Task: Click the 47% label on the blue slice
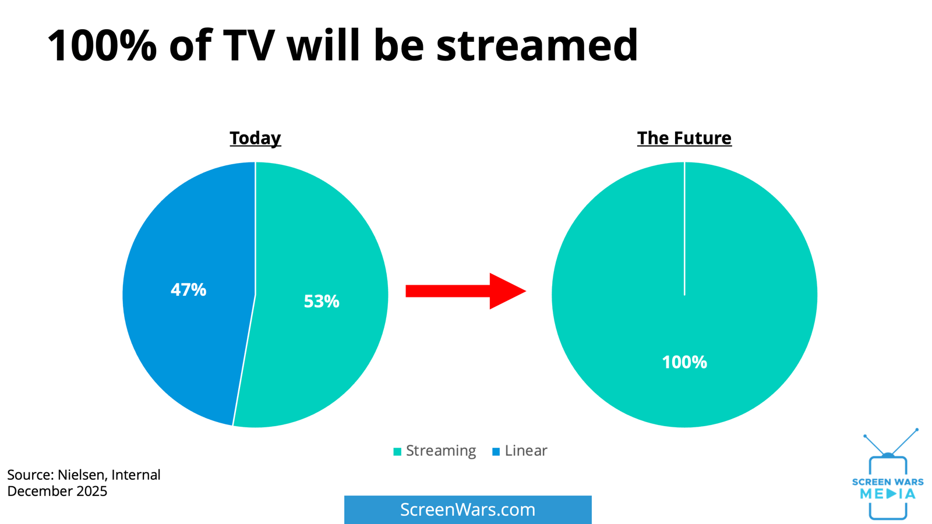[x=188, y=290]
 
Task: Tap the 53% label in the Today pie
[x=321, y=302]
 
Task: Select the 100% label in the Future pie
[x=684, y=362]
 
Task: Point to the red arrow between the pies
[x=466, y=291]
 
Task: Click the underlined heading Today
[x=255, y=139]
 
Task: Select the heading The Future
[x=684, y=138]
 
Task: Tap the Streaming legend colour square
[x=397, y=452]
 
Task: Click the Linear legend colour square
[x=496, y=452]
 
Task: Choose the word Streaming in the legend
[x=440, y=451]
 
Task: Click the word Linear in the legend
[x=526, y=451]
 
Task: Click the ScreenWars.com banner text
[x=468, y=510]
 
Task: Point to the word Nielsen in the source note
[x=82, y=475]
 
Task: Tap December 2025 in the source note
[x=57, y=491]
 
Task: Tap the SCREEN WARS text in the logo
[x=888, y=482]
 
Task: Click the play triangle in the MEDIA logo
[x=891, y=494]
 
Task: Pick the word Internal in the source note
[x=136, y=475]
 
